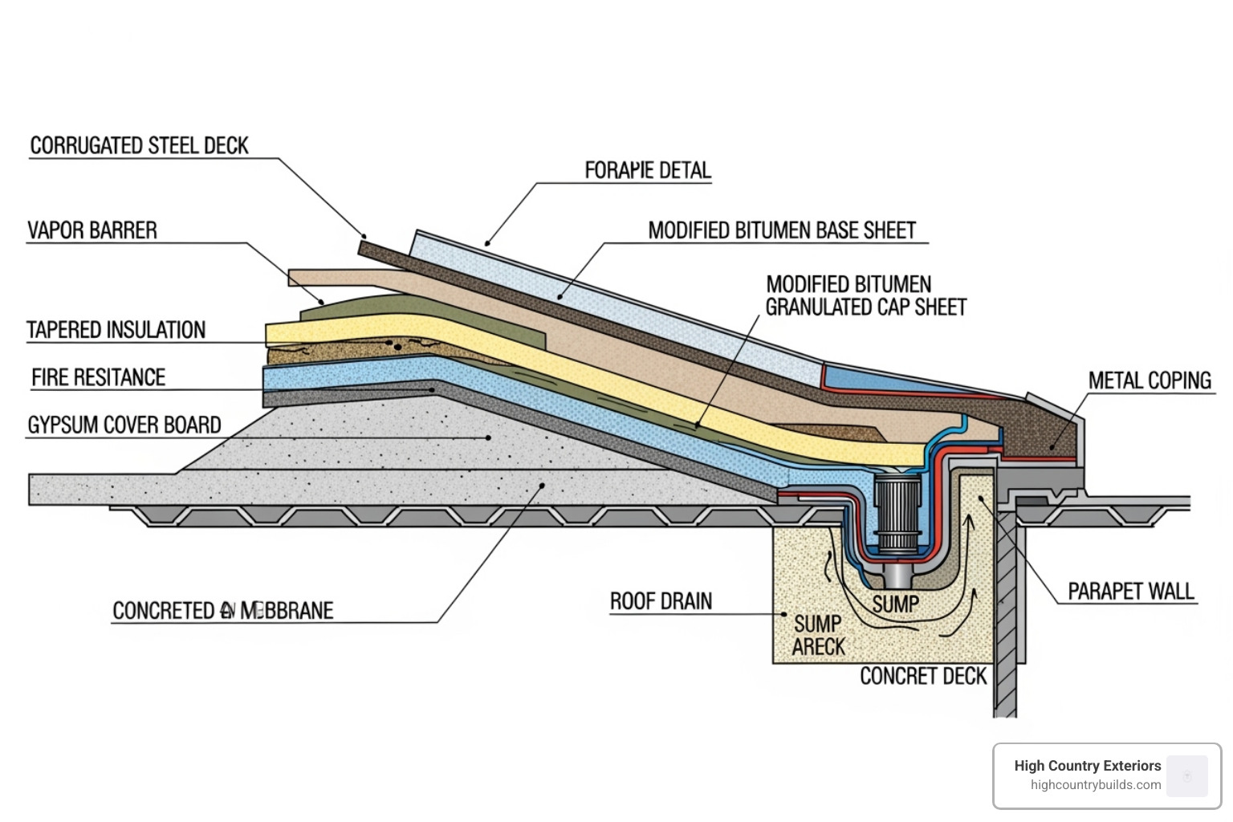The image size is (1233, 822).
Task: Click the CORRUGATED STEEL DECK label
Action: pyautogui.click(x=139, y=145)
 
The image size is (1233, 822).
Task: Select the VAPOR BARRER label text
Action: pyautogui.click(x=92, y=230)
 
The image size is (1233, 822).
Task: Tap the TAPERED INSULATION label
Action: pyautogui.click(x=116, y=330)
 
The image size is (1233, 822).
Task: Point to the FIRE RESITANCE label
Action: pyautogui.click(x=98, y=377)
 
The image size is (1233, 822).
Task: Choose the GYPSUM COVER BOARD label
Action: pyautogui.click(x=124, y=425)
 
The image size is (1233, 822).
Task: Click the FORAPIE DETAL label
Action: pyautogui.click(x=647, y=170)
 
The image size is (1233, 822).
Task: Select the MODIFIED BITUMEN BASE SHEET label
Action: pyautogui.click(x=781, y=230)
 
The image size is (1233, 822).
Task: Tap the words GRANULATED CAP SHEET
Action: pyautogui.click(x=865, y=307)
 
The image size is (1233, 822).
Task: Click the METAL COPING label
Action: pyautogui.click(x=1149, y=380)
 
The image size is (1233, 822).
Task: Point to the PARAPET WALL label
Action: pyautogui.click(x=1130, y=592)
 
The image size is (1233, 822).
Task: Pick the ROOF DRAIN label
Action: pyautogui.click(x=661, y=601)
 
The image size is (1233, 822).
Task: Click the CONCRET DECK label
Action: pyautogui.click(x=923, y=676)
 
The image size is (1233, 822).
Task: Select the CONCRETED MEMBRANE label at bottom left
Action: pyautogui.click(x=222, y=611)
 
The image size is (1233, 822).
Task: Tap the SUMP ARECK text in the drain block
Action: pyautogui.click(x=818, y=635)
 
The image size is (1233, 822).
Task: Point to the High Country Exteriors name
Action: pyautogui.click(x=1087, y=766)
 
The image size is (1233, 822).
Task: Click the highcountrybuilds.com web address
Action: pyautogui.click(x=1095, y=785)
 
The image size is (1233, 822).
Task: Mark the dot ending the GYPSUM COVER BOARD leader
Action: pyautogui.click(x=489, y=437)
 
